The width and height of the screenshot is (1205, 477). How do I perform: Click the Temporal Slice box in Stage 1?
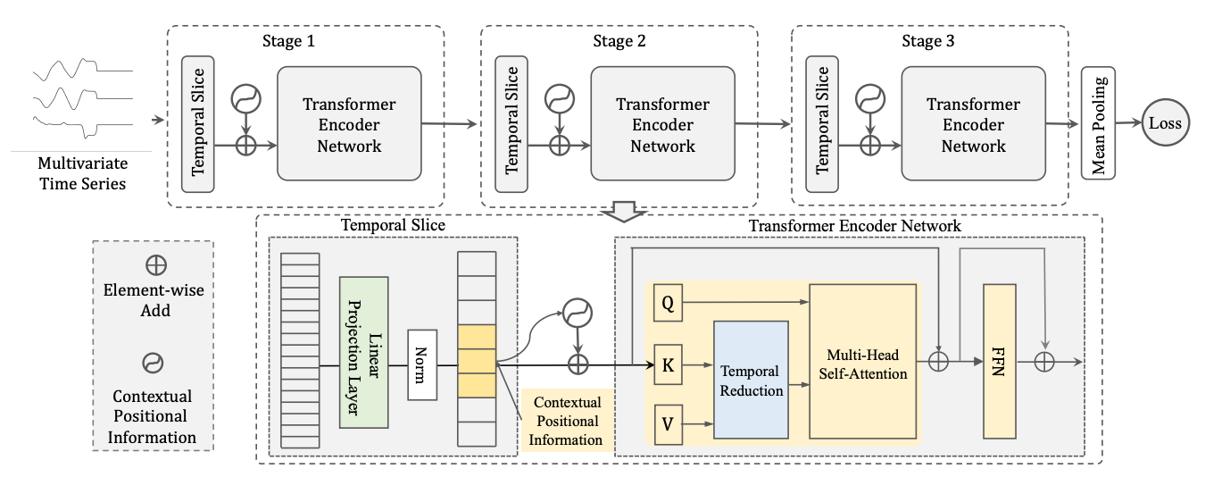[x=197, y=124]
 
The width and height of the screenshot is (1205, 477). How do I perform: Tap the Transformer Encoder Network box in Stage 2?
[x=662, y=125]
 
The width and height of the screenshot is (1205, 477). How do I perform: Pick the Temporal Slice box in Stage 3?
[x=822, y=124]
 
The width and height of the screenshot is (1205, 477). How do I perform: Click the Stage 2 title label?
[x=619, y=41]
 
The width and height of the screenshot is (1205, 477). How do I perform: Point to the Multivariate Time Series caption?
[x=82, y=174]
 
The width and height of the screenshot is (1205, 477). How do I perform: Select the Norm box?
[x=422, y=364]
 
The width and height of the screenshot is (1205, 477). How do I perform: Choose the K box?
[x=668, y=364]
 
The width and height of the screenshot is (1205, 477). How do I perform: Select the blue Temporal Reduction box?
[x=751, y=380]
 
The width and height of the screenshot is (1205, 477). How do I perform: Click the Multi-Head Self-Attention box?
[x=862, y=361]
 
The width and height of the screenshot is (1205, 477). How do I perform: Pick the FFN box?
[x=1000, y=362]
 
